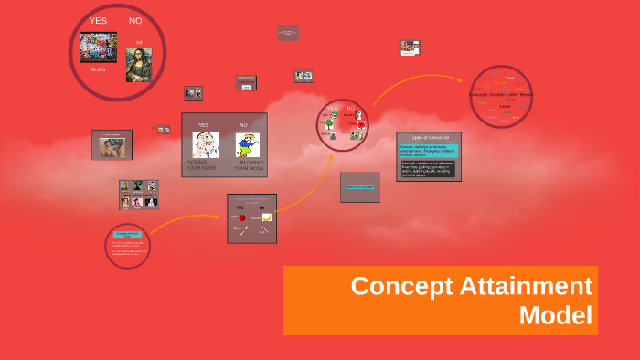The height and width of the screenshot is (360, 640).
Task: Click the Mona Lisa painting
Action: coord(139,63)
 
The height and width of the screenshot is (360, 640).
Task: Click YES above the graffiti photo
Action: coord(98,20)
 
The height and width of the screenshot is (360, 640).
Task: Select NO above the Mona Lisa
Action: coord(135,20)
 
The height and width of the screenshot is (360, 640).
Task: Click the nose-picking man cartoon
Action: coord(205,144)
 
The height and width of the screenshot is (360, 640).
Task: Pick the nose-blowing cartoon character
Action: coord(244,145)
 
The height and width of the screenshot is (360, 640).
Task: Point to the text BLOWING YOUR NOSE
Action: coord(249,166)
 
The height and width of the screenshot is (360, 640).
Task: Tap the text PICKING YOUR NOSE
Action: coord(202,166)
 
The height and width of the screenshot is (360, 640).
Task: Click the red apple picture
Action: coord(242,218)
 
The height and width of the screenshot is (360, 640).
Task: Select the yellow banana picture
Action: coord(266,217)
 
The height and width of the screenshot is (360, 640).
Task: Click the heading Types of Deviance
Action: coord(429,136)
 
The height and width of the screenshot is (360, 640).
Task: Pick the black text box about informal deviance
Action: coord(429,170)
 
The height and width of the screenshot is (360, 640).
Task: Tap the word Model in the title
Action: coord(556,315)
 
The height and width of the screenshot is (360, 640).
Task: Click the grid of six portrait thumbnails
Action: coord(138,194)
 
